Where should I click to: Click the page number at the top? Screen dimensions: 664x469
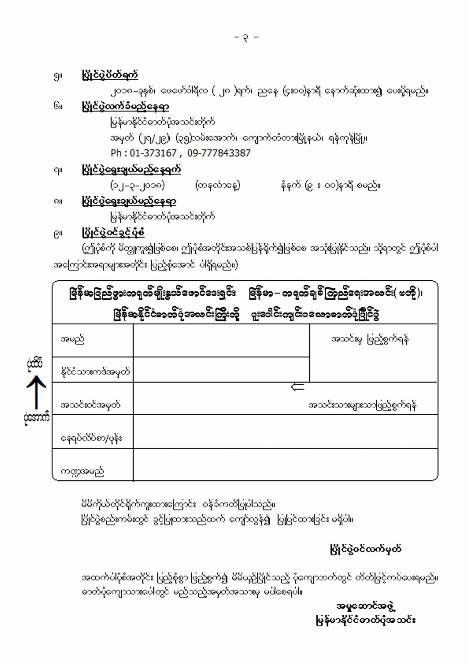246,37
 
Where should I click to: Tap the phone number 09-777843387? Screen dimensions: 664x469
219,153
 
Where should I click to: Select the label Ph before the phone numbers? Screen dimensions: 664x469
116,153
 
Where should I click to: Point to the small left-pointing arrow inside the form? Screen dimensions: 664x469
297,387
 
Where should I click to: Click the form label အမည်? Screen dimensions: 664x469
72,339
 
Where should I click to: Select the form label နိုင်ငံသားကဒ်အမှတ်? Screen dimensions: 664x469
95,372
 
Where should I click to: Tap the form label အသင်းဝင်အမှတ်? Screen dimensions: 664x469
90,405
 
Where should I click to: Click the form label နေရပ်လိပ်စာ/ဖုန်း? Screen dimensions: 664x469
92,438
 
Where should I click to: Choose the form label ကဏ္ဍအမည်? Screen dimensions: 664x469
82,471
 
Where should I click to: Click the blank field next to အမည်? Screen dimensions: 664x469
221,341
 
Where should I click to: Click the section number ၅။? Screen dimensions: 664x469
58,76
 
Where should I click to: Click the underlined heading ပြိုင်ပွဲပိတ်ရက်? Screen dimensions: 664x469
110,75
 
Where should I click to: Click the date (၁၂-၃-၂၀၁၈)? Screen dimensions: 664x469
138,185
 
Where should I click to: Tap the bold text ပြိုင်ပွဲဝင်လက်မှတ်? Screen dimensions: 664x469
365,549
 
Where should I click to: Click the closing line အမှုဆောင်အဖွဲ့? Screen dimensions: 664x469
366,606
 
